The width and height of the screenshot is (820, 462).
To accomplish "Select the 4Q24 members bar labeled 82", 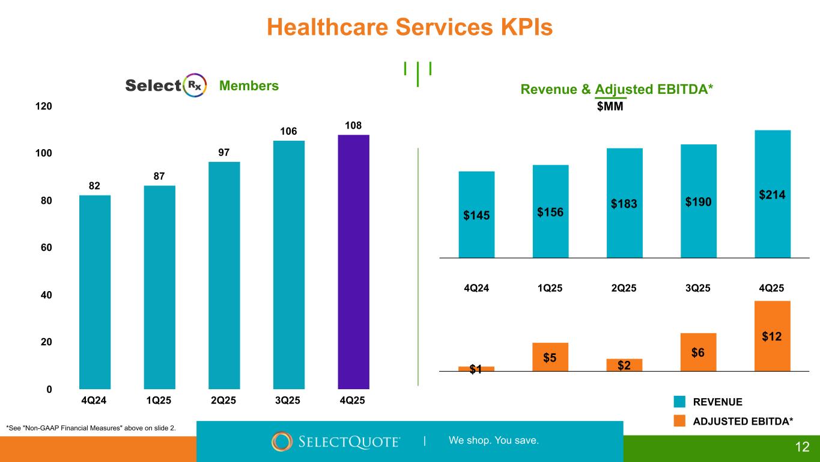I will click(95, 292).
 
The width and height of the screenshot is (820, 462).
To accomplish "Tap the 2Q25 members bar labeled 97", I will click(224, 276).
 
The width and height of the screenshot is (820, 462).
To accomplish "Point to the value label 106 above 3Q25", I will click(289, 131).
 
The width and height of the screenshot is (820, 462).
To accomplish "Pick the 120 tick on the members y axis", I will click(44, 106).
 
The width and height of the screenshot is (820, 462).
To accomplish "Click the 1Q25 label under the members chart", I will click(159, 401).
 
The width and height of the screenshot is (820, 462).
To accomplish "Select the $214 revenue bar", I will click(773, 194).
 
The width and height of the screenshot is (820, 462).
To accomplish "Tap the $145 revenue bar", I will click(476, 214).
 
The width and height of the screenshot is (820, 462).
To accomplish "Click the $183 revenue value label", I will click(624, 204).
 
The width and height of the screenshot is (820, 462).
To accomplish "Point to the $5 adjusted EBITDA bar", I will click(550, 357).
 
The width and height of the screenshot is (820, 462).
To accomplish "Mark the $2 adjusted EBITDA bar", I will click(624, 365).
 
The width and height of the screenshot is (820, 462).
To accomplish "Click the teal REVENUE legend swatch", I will click(679, 402).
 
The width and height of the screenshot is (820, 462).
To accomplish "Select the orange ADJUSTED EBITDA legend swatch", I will click(679, 422).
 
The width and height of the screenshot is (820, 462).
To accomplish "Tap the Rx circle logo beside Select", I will click(195, 86).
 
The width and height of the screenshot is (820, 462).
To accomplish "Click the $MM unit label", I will click(610, 106).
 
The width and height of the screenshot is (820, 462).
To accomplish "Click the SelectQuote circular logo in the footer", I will click(282, 442).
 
